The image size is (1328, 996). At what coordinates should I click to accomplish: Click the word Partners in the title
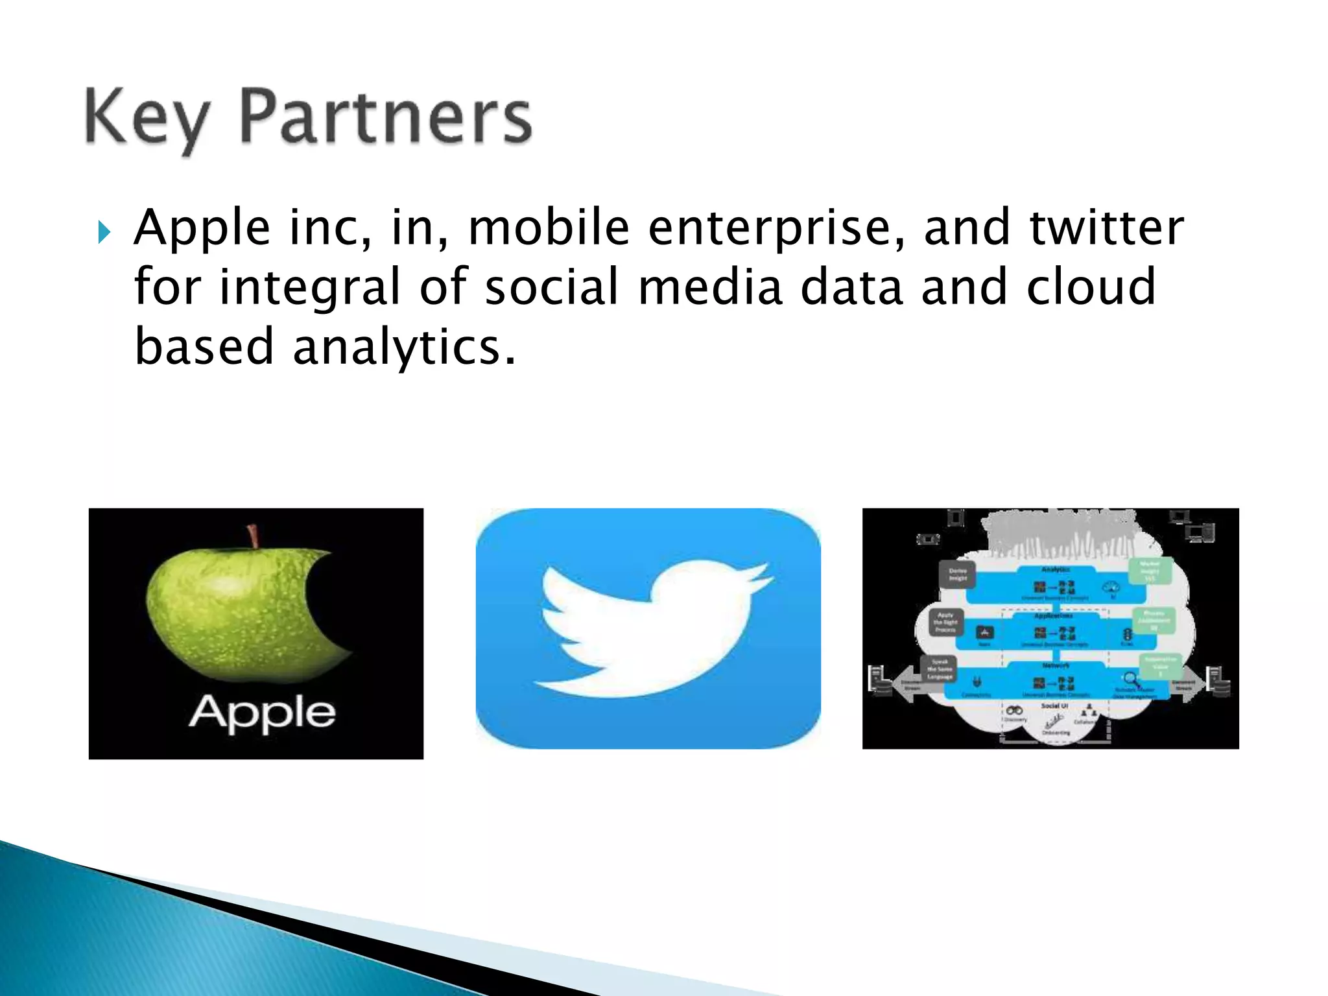coord(386,117)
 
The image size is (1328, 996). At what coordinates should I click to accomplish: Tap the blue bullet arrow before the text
coord(104,231)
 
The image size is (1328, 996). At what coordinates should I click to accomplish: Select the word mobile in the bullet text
coord(549,228)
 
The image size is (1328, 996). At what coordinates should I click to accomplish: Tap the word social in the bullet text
coord(552,287)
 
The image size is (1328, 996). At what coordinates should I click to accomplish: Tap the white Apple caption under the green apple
coord(262,714)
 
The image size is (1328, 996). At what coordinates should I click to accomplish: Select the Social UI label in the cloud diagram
coord(1054,705)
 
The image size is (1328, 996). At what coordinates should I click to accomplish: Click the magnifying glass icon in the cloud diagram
coord(1131,680)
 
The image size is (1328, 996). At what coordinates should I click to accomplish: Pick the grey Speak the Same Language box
coord(940,669)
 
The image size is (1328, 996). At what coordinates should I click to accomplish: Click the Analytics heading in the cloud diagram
coord(1055,569)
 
